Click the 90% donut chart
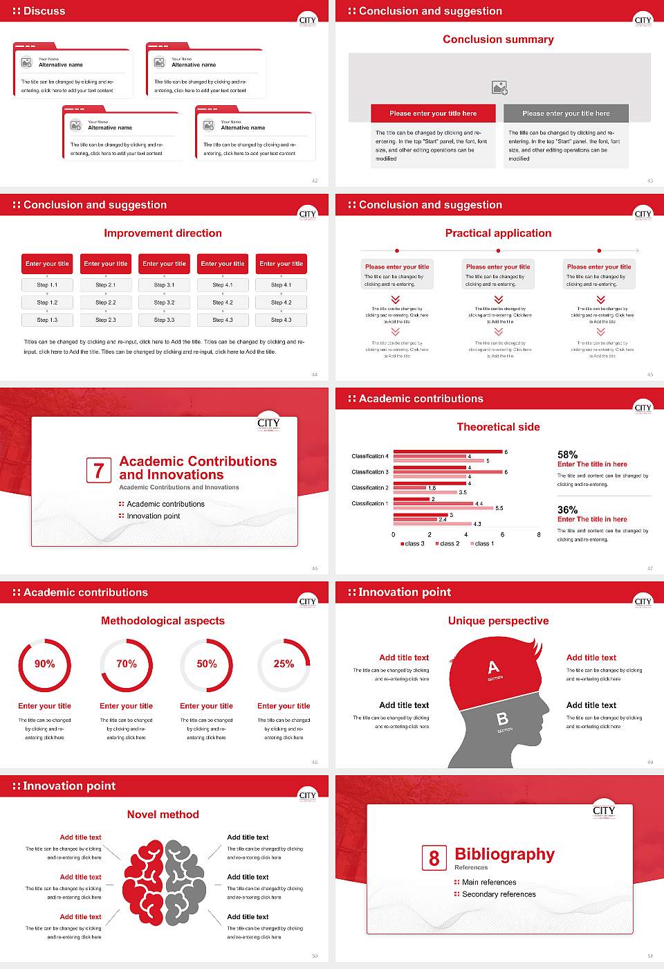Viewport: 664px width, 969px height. [x=45, y=664]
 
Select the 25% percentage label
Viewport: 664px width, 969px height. [x=284, y=664]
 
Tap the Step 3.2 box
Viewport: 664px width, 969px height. [x=165, y=302]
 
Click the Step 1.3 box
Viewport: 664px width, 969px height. [x=48, y=320]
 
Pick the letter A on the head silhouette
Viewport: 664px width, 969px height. [x=493, y=667]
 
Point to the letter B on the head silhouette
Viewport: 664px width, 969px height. [x=502, y=719]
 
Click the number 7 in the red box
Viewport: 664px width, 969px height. [x=98, y=471]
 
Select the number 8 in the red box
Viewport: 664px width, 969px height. [x=434, y=858]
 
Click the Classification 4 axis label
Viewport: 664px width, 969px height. [x=370, y=456]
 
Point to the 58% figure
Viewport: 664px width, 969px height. [x=567, y=455]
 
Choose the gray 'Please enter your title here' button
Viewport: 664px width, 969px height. [x=566, y=114]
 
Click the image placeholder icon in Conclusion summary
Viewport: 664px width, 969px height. [x=499, y=88]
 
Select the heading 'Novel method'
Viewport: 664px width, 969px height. [x=163, y=815]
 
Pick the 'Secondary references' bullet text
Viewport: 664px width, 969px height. [x=499, y=894]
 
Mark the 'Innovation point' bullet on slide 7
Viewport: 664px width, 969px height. [x=153, y=516]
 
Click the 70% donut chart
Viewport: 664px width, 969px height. [x=127, y=664]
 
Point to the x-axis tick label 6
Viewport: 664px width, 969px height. [x=502, y=534]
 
